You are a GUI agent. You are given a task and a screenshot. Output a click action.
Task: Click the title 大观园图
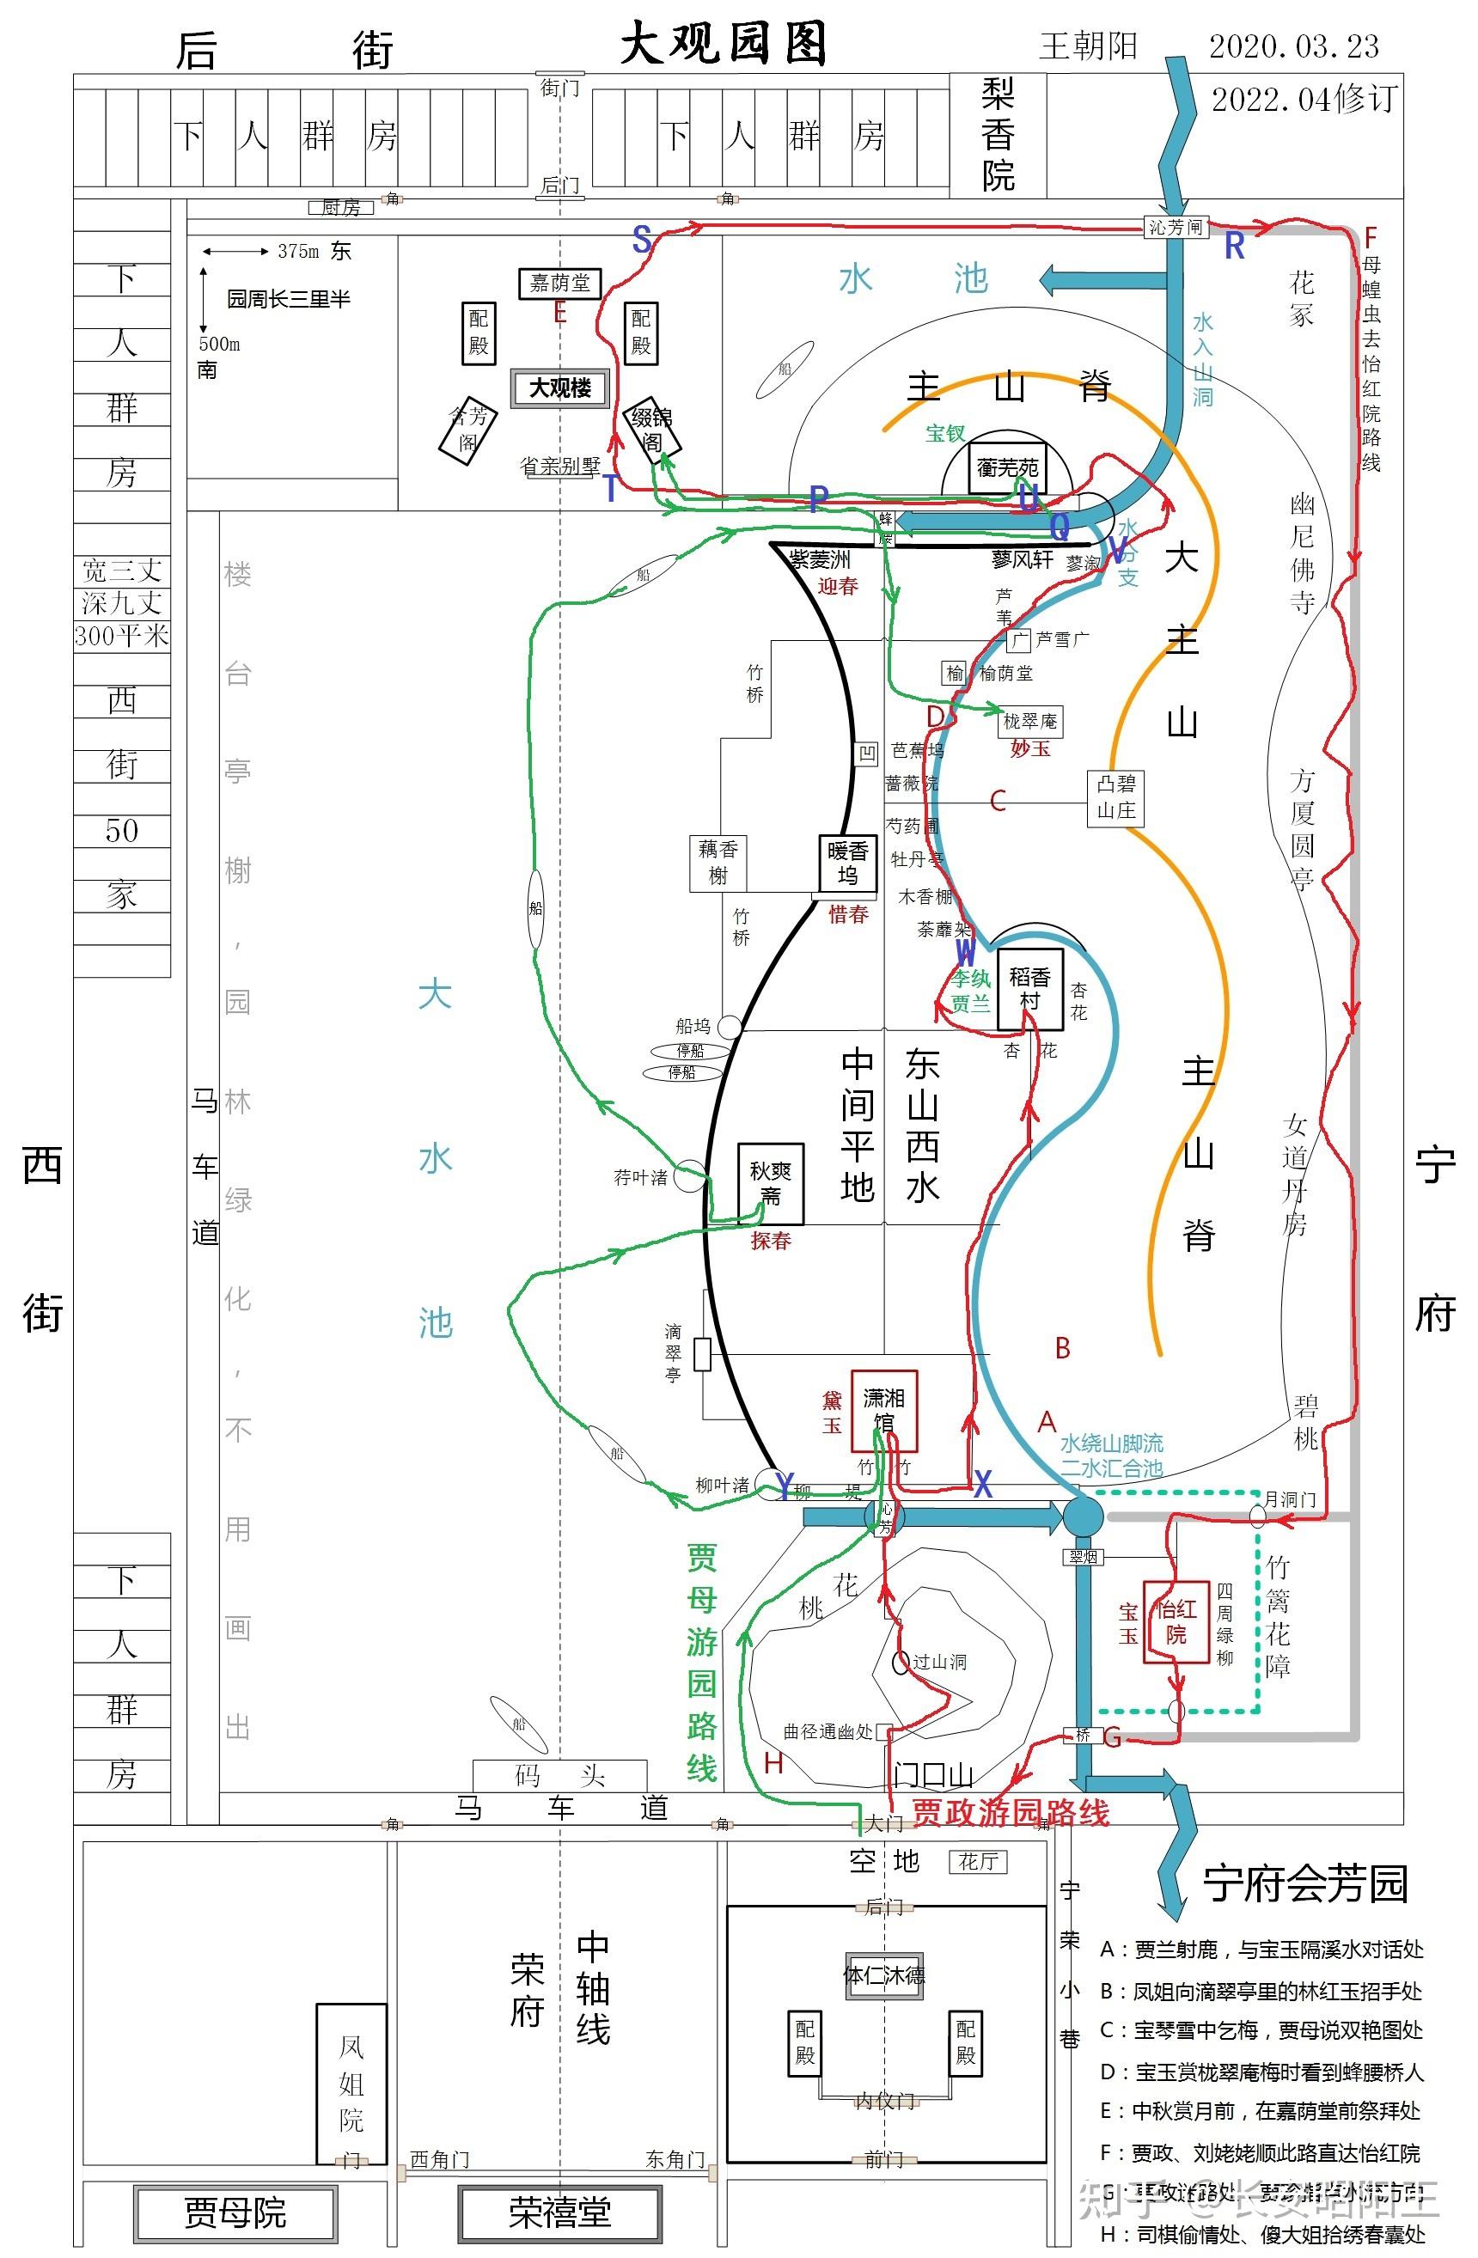(723, 44)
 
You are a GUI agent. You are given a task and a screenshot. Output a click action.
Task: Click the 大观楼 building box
(559, 388)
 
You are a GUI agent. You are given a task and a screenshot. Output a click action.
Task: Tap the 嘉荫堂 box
(559, 283)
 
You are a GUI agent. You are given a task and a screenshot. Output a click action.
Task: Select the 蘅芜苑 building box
(1007, 467)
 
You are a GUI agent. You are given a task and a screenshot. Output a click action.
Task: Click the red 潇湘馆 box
(883, 1410)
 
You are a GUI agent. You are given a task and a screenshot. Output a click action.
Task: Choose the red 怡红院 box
(1176, 1621)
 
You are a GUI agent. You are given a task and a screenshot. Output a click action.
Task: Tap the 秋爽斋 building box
(770, 1183)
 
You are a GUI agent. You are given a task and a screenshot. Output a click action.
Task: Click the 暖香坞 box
(847, 864)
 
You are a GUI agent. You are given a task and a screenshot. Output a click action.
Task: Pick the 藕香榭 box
(718, 863)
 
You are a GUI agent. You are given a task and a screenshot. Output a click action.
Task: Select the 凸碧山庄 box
(1115, 797)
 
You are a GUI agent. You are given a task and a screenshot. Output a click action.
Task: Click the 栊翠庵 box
(1030, 721)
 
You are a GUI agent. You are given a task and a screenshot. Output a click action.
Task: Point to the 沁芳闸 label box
(1175, 227)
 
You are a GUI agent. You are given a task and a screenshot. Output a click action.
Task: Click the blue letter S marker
(642, 240)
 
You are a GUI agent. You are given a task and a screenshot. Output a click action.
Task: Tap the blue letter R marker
(1234, 246)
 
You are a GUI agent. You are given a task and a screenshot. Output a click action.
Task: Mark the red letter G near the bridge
(1113, 1738)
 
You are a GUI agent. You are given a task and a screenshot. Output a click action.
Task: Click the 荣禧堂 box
(559, 2212)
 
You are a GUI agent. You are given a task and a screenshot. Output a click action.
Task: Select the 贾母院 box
(235, 2212)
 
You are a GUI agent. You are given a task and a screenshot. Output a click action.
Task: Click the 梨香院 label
(998, 135)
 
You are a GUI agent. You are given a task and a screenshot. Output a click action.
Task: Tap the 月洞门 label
(1289, 1499)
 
